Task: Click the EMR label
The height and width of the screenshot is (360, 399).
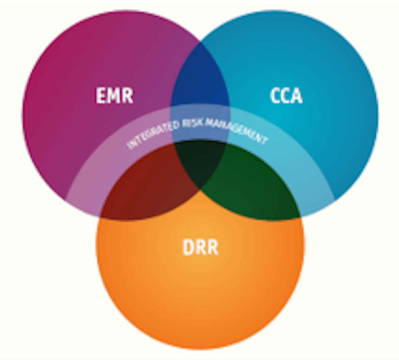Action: pyautogui.click(x=114, y=96)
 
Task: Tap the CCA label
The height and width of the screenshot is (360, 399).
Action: pyautogui.click(x=286, y=96)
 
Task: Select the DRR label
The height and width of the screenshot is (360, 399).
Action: pyautogui.click(x=200, y=248)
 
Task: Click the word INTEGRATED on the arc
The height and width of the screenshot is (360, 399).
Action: pyautogui.click(x=148, y=135)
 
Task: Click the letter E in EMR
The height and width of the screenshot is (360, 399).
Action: pyautogui.click(x=101, y=96)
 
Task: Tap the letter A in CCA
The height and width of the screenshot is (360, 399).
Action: pyautogui.click(x=296, y=96)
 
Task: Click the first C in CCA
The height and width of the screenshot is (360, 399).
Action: pyautogui.click(x=276, y=96)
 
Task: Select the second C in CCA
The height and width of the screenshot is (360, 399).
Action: pyautogui.click(x=286, y=96)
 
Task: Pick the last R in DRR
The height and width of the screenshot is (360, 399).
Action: pyautogui.click(x=212, y=248)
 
